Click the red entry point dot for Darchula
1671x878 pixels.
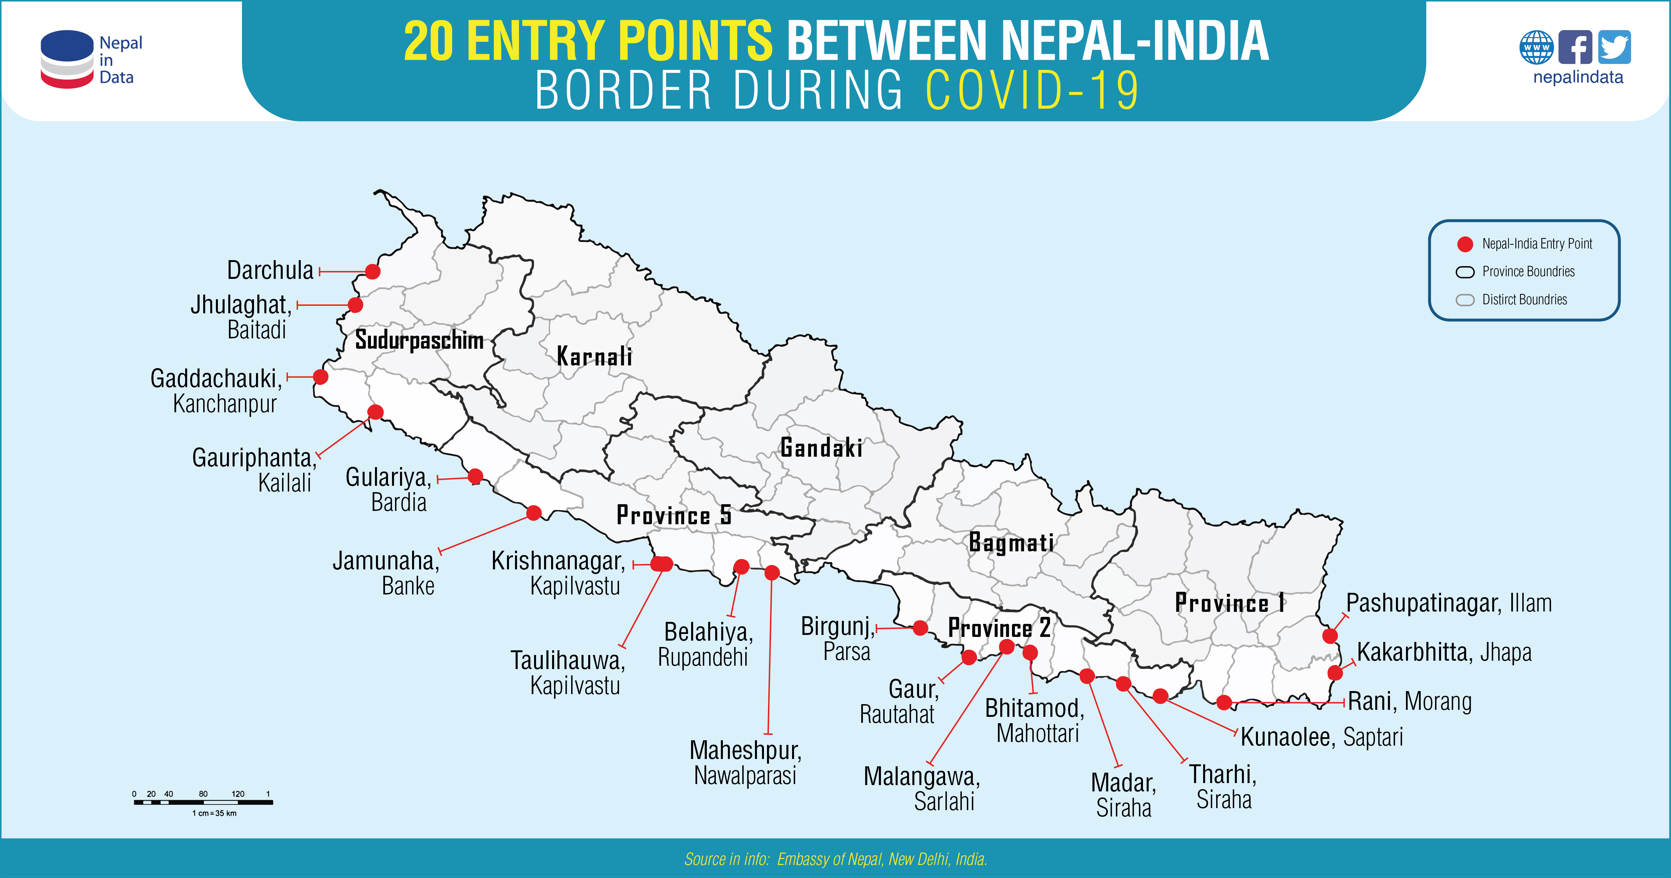(x=372, y=271)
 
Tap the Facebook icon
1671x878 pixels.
(x=1575, y=47)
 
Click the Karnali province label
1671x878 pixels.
(x=594, y=356)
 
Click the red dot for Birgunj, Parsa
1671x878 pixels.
(x=920, y=628)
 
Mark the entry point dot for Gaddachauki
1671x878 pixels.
(x=320, y=376)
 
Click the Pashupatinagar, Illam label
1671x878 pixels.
(x=1448, y=603)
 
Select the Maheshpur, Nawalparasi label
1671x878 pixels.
(x=745, y=763)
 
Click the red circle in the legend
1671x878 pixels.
(x=1465, y=244)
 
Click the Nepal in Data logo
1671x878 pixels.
(x=91, y=60)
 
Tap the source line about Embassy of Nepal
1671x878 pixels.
(x=835, y=859)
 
